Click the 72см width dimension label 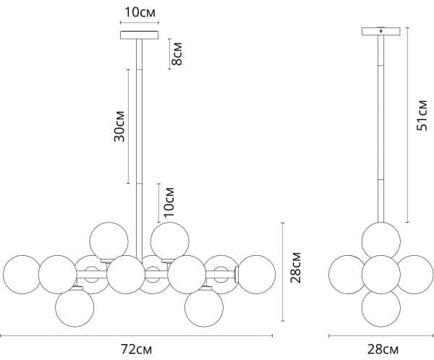pos(136,349)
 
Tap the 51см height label pos(422,116)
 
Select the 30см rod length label pos(119,127)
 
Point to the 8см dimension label pos(177,53)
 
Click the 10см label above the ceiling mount pos(140,12)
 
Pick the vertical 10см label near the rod pos(169,202)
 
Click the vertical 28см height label pos(295,267)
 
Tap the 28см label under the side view pos(383,349)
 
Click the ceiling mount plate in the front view pos(139,35)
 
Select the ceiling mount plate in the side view pos(381,31)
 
